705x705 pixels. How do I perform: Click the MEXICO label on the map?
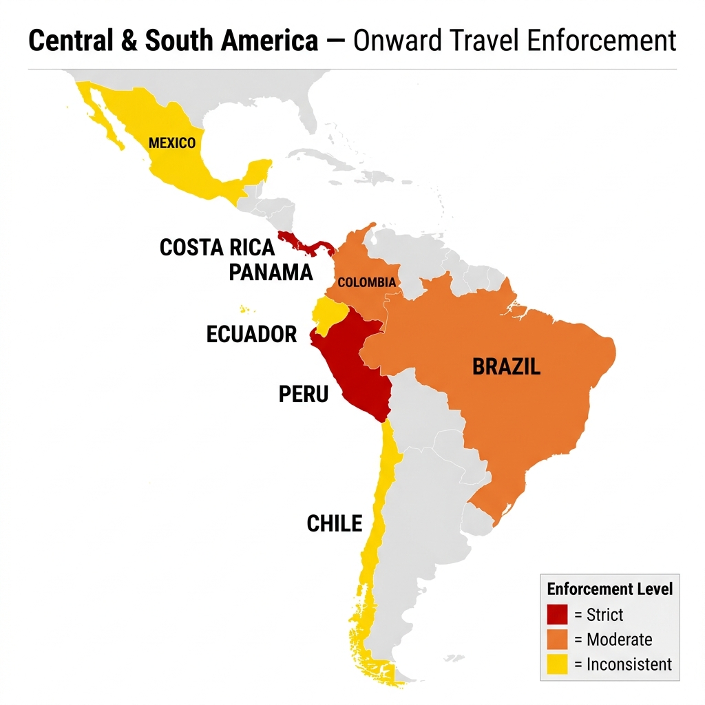(x=172, y=143)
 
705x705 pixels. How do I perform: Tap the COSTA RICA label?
(x=217, y=247)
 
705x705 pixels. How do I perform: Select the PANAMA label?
(x=271, y=273)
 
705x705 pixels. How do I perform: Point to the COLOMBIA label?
(x=366, y=282)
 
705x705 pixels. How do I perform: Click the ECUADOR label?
(x=251, y=335)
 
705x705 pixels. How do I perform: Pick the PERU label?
(x=304, y=394)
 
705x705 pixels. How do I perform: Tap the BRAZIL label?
(x=506, y=366)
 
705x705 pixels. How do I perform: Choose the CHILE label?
(x=334, y=524)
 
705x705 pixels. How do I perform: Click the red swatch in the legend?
(x=557, y=614)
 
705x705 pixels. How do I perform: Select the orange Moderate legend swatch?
(x=557, y=640)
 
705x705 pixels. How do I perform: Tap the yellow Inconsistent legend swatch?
(x=557, y=664)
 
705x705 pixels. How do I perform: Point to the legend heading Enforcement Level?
(x=609, y=589)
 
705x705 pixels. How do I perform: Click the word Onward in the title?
(x=396, y=42)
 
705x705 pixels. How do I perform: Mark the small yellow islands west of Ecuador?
(x=242, y=308)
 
